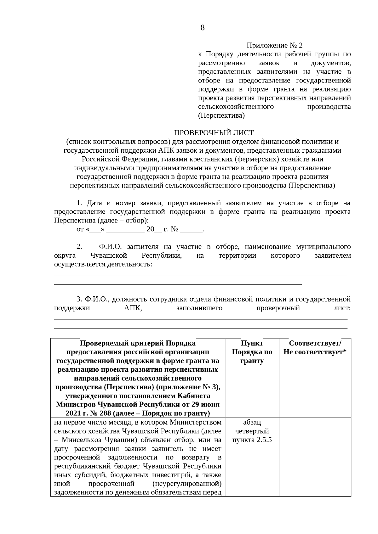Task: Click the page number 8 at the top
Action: tap(202, 28)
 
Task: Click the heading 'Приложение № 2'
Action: tap(274, 46)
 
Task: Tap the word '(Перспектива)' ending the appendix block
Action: tap(221, 115)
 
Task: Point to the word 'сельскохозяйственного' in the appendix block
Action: tap(236, 107)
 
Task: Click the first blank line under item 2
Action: tap(201, 276)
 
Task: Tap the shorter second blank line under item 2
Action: tap(178, 284)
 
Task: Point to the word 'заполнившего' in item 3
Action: tap(199, 308)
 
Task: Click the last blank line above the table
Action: tap(201, 328)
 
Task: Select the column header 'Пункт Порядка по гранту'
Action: tap(252, 352)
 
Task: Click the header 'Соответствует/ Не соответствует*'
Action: tap(315, 347)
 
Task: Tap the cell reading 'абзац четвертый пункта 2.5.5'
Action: tap(252, 431)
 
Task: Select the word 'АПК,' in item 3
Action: tap(133, 308)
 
